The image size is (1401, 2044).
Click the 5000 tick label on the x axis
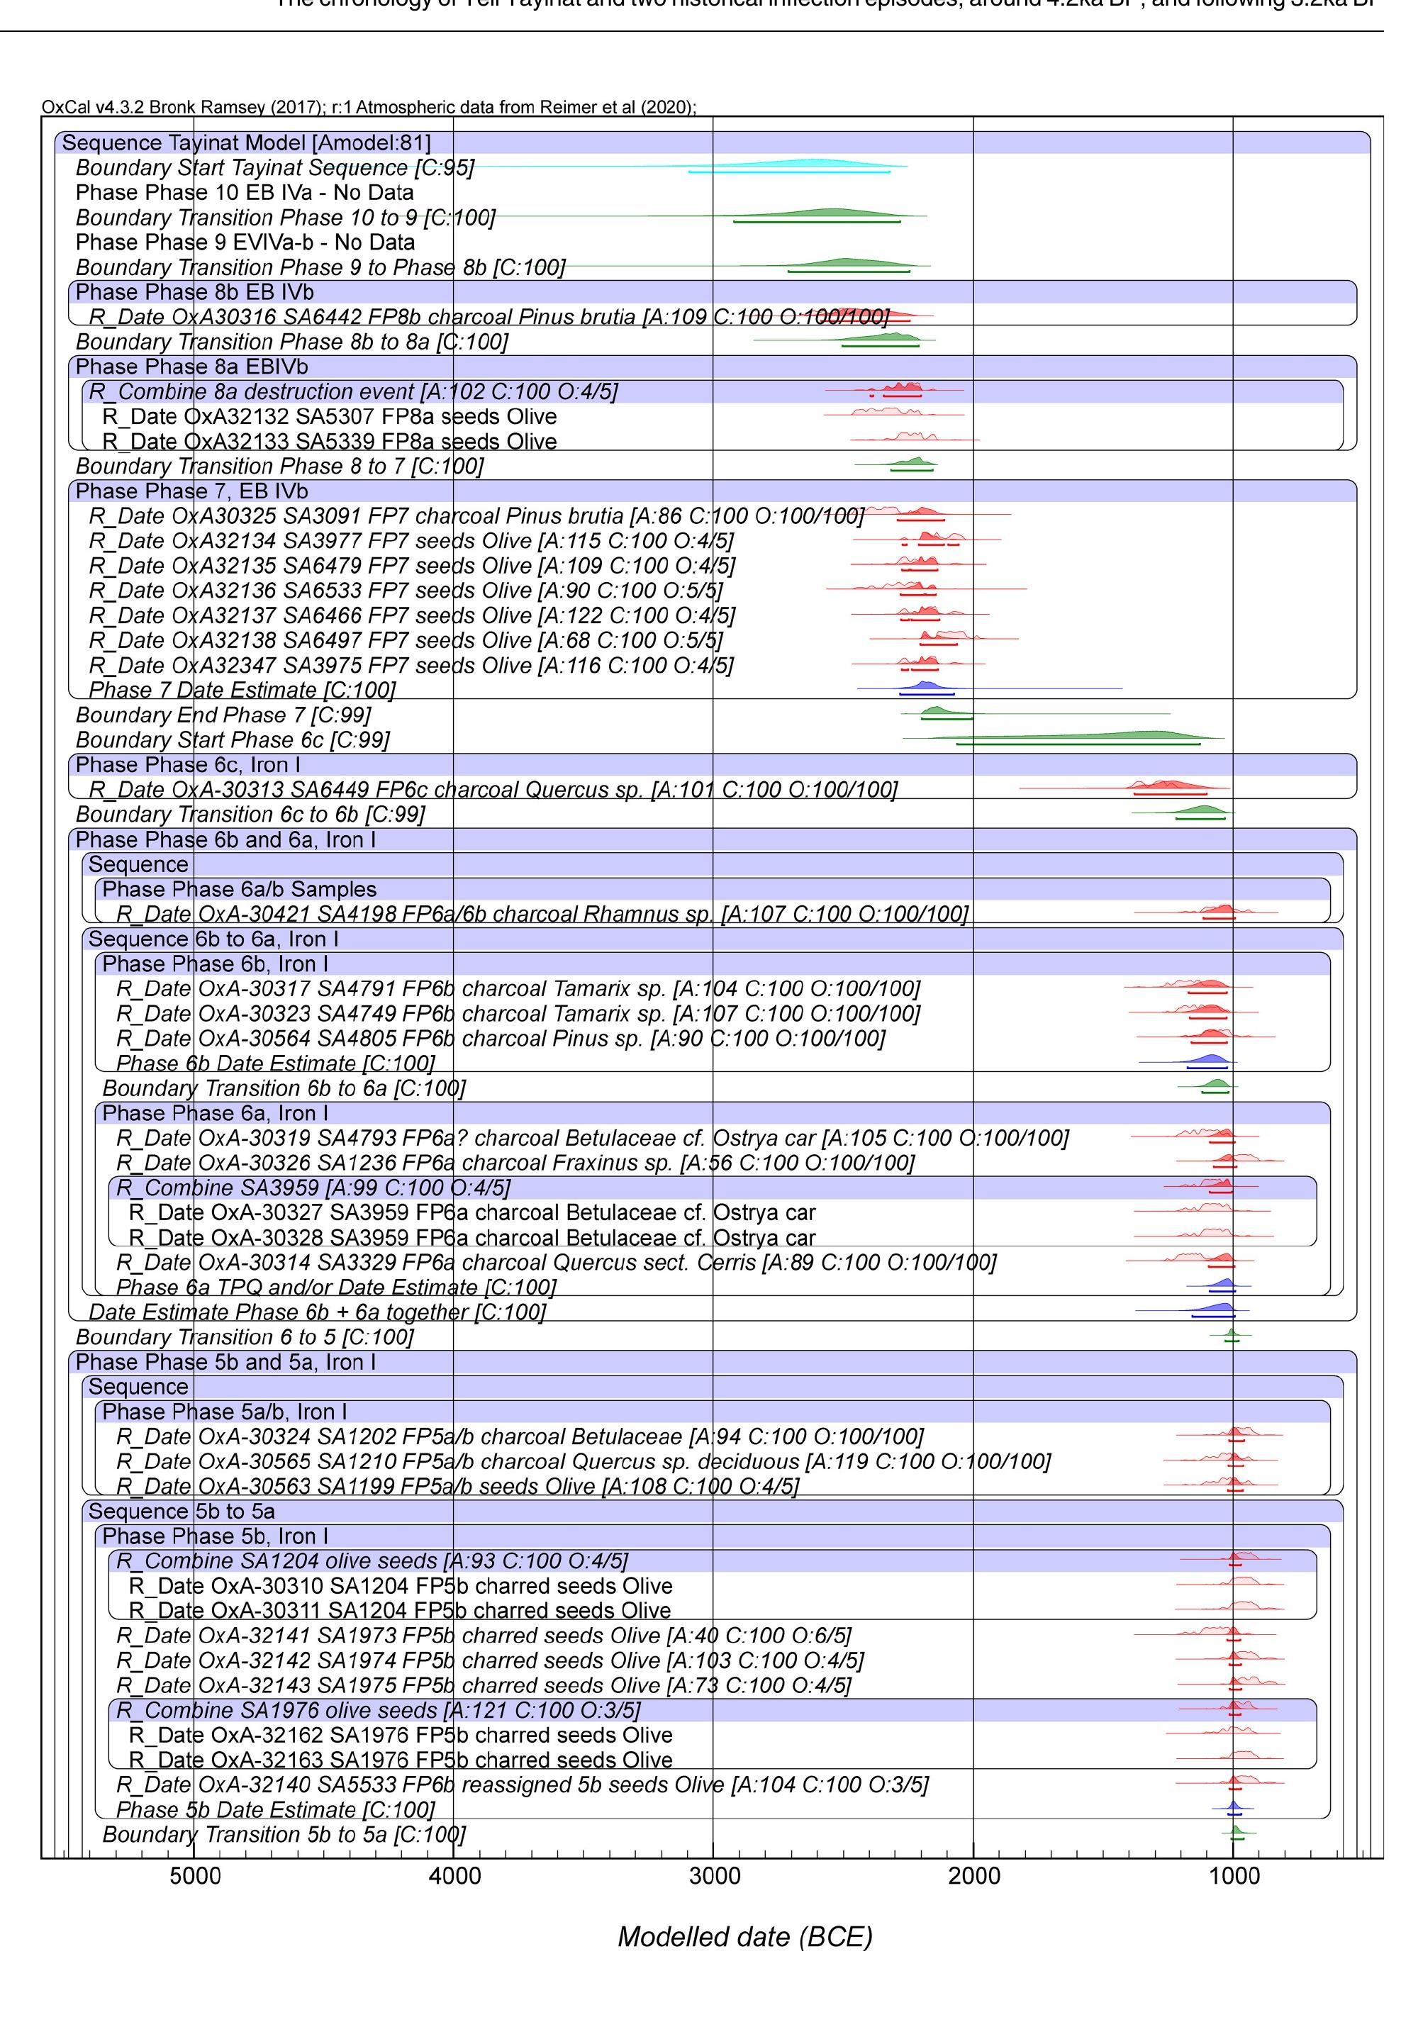195,1876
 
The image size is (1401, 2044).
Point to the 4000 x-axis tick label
454,1876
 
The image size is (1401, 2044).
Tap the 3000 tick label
713,1876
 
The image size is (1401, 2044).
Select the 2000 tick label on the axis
973,1876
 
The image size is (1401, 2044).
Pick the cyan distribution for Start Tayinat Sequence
818,164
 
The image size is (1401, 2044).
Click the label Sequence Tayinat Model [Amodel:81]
246,143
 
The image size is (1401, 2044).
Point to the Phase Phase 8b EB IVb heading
194,292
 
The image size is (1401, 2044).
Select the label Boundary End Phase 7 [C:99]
223,715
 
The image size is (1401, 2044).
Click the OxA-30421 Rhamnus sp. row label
542,915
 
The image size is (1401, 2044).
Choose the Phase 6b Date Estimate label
275,1063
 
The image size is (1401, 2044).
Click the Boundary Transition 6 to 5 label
245,1338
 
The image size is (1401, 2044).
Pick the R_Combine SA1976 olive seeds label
378,1711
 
